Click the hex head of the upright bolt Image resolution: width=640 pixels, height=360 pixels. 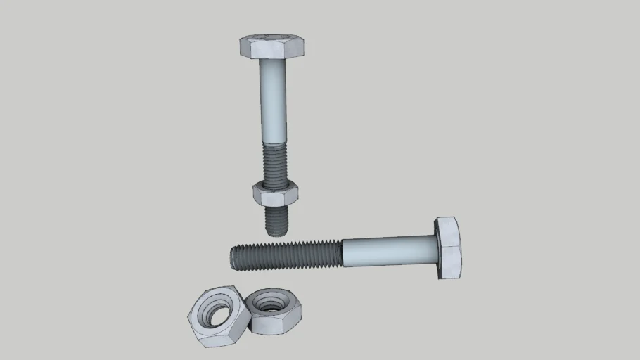[x=271, y=47]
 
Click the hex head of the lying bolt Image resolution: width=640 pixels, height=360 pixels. [x=449, y=247]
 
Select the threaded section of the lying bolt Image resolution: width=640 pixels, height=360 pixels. [x=288, y=255]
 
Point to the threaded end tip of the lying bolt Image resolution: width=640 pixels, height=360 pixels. [x=233, y=257]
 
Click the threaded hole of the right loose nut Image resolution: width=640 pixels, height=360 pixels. [x=269, y=304]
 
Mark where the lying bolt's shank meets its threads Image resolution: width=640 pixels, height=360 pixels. [x=343, y=253]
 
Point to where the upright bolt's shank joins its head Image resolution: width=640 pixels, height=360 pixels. [x=272, y=60]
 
